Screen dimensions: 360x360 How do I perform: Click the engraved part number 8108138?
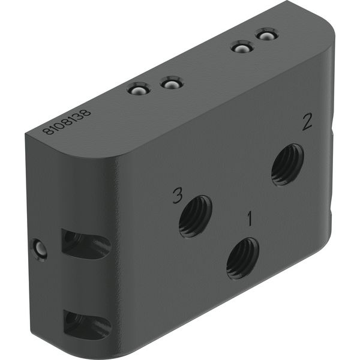pos(67,122)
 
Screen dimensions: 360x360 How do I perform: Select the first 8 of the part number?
pos(47,131)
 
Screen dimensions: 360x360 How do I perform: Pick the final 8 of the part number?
pos(86,112)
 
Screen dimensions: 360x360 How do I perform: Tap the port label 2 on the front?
pos(307,122)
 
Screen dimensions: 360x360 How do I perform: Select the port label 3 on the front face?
pos(178,196)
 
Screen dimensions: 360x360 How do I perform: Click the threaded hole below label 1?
pos(242,258)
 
